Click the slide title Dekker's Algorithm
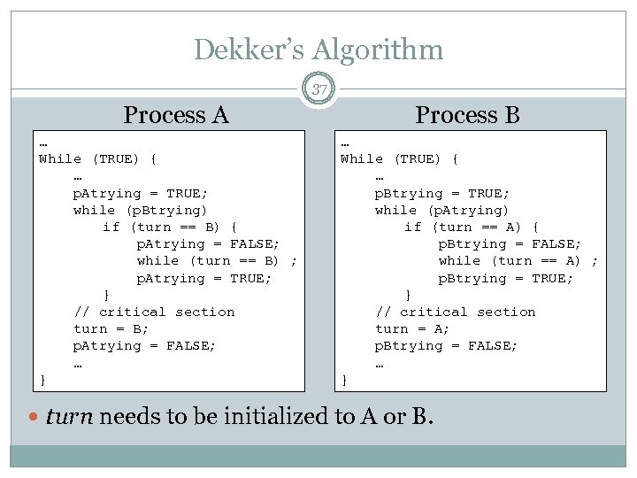(x=318, y=50)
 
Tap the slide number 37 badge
(x=318, y=89)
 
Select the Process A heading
(x=176, y=115)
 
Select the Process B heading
(x=467, y=115)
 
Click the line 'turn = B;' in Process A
(x=111, y=329)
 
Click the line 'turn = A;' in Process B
(x=412, y=329)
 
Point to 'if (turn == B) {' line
(x=170, y=227)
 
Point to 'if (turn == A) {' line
(x=472, y=227)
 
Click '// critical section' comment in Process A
(x=154, y=312)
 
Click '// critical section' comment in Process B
(x=456, y=312)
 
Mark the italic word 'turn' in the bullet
(x=69, y=416)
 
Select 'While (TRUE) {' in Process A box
(x=98, y=159)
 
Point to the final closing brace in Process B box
(x=345, y=381)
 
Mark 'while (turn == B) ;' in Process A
(x=217, y=261)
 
